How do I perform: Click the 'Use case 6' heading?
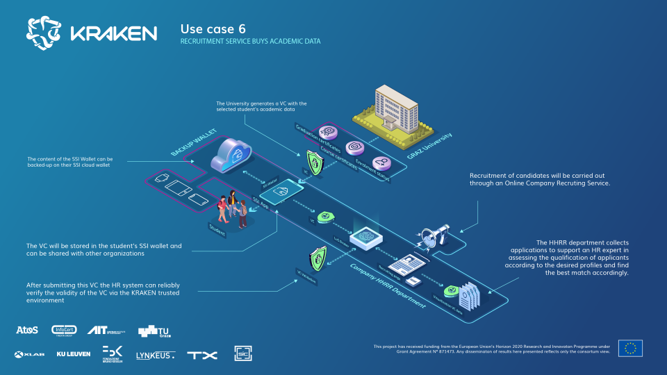pos(213,28)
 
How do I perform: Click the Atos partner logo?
pos(26,329)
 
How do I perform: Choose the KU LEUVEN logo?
pos(73,355)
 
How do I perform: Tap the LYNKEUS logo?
pos(156,355)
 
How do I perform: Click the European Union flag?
pos(630,348)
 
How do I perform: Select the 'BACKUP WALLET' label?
pos(190,142)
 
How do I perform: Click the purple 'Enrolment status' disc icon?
pos(381,164)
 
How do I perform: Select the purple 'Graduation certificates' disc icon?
pos(327,132)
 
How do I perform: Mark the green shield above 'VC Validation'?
pos(318,257)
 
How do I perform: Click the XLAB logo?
pos(28,355)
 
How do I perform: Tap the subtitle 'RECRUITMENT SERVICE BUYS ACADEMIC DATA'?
pos(250,42)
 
